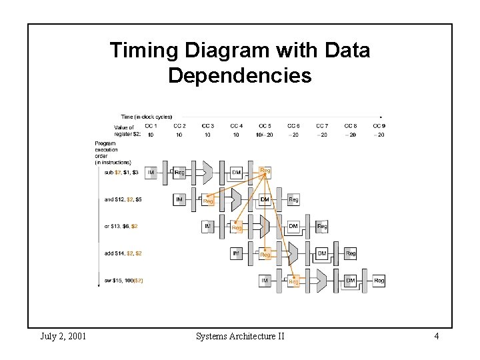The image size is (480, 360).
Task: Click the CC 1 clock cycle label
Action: point(151,126)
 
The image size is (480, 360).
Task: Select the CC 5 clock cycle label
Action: point(265,126)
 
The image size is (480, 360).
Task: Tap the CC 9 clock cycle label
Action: point(379,126)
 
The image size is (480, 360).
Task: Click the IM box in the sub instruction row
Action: point(151,173)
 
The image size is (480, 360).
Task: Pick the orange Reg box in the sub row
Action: point(265,171)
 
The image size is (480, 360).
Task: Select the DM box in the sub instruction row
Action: point(237,173)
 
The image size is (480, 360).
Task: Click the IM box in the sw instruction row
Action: point(265,281)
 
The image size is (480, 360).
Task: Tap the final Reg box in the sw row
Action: point(379,281)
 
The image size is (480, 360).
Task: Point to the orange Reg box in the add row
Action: point(265,254)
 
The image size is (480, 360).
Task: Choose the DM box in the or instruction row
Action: point(293,227)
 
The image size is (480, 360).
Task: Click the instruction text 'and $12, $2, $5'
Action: point(123,199)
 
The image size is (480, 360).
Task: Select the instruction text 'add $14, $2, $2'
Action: point(123,253)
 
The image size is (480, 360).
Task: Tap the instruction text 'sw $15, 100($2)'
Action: point(123,281)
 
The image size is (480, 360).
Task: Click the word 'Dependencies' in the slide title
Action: point(239,75)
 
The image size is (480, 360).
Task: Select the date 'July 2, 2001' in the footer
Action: point(63,336)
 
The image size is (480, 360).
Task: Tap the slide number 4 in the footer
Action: point(436,336)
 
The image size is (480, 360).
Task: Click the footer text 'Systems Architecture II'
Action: point(240,336)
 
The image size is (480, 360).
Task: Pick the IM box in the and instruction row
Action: point(180,199)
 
